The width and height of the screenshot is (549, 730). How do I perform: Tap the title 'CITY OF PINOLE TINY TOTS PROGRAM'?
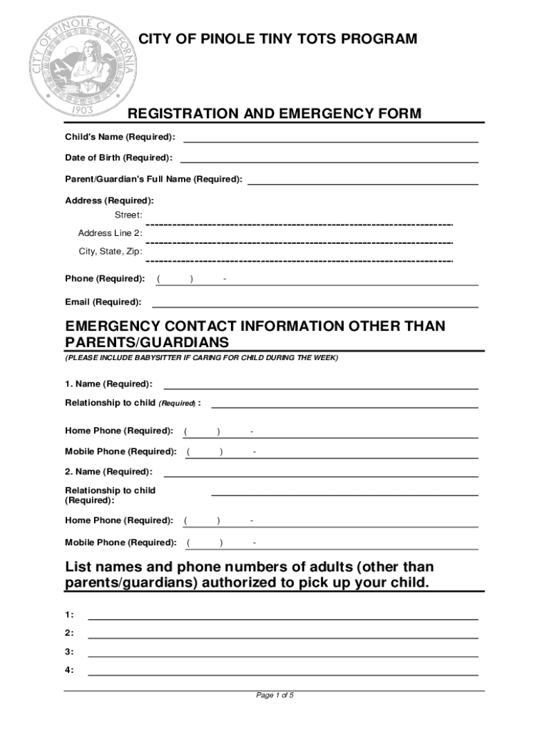[x=277, y=39]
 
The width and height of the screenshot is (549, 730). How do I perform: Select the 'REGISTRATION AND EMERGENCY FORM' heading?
[x=274, y=114]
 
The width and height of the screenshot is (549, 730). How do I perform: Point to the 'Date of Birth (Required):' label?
[x=118, y=157]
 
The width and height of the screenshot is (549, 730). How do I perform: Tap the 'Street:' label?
[x=128, y=215]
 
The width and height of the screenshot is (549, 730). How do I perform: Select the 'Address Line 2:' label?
[x=110, y=233]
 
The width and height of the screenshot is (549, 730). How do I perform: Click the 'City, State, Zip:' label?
[x=110, y=252]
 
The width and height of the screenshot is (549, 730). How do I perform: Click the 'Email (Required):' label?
[x=103, y=302]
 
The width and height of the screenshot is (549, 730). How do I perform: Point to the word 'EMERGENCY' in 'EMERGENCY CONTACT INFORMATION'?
[x=111, y=327]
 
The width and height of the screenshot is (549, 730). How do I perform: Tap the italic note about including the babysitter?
[x=202, y=357]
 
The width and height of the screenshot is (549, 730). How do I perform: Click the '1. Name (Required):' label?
[x=108, y=384]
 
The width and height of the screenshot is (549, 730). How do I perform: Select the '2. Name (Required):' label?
[x=108, y=472]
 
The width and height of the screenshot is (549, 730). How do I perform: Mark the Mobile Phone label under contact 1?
[x=120, y=452]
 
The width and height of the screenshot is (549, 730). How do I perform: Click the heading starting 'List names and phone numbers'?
[x=250, y=575]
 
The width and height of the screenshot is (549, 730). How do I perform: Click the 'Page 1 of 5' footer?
[x=274, y=696]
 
